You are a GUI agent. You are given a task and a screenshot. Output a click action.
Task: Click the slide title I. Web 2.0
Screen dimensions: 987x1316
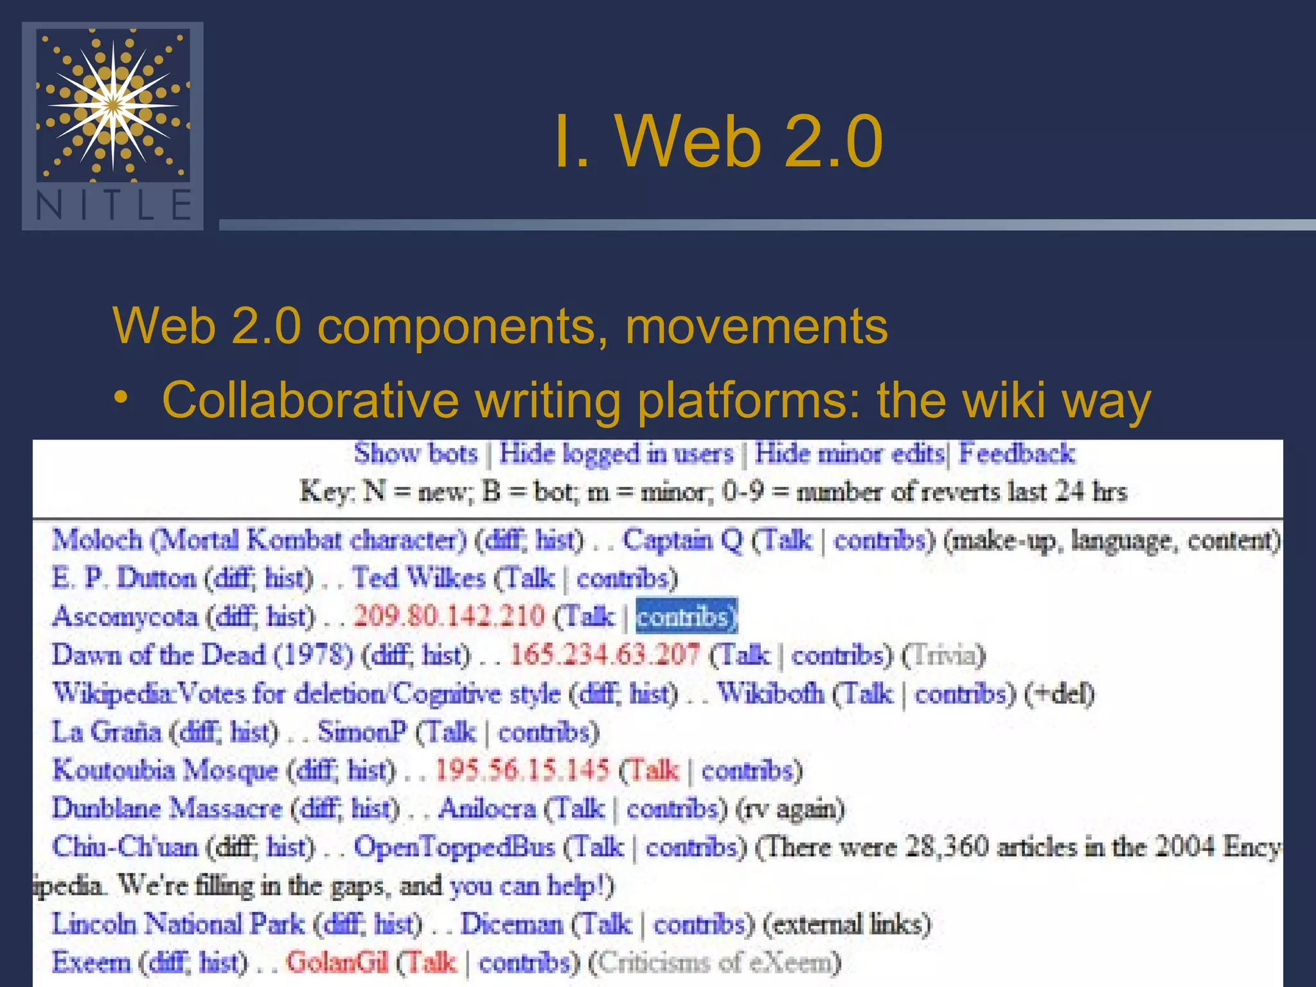pos(718,141)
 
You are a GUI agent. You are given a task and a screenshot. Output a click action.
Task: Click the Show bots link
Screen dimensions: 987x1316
pos(416,454)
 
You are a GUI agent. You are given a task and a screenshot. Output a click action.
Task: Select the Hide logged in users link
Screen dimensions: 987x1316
pos(616,454)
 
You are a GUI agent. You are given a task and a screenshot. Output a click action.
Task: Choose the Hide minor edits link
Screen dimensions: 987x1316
pos(849,454)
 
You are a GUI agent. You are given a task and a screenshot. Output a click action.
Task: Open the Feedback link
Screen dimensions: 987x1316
pos(1016,454)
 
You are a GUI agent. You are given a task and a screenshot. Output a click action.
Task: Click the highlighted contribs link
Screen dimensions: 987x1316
pos(686,616)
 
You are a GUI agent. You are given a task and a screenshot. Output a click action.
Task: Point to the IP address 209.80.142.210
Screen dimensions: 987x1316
pos(449,616)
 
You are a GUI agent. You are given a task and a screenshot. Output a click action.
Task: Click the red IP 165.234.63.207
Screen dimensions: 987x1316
pos(605,655)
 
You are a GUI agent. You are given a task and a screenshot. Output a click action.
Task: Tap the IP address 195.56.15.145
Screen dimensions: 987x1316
pos(522,770)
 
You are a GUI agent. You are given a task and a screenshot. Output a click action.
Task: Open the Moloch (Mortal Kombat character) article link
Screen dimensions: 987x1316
pos(259,540)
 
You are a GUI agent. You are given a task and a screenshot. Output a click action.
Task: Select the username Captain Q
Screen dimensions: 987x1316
pos(682,540)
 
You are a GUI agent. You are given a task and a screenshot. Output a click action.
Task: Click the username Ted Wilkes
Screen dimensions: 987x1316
pos(418,578)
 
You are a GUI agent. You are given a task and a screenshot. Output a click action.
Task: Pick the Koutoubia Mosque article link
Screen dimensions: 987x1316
pos(165,770)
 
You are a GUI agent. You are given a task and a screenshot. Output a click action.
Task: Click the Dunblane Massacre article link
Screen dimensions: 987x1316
pos(167,808)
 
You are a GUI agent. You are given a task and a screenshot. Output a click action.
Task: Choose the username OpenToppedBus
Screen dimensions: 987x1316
pos(454,847)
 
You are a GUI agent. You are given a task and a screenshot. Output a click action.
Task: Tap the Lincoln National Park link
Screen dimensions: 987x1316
pos(178,924)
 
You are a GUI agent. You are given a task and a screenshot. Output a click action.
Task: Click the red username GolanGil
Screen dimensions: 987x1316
pos(337,963)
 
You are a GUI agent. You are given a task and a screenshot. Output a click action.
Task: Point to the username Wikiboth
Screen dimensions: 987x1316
pos(770,693)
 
